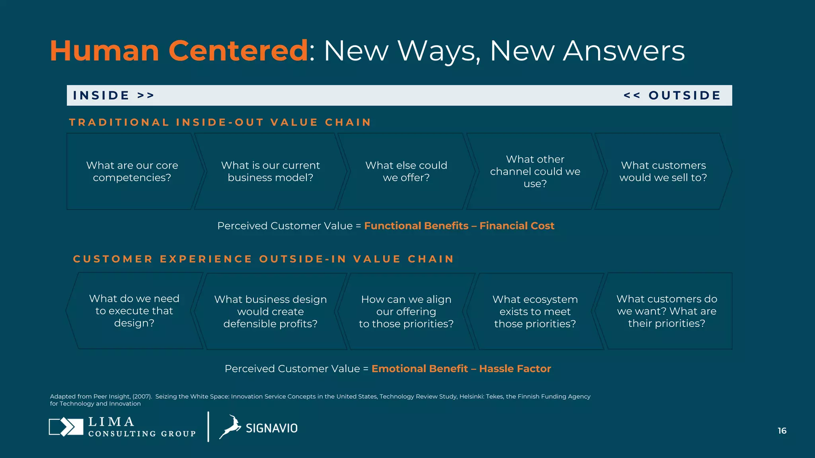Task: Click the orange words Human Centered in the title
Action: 179,51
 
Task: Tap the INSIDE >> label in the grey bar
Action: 113,95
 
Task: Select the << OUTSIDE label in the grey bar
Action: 672,95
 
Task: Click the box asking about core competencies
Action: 132,171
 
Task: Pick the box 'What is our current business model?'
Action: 270,171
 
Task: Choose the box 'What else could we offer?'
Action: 406,171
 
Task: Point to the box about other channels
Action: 535,171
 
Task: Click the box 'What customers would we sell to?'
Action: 663,171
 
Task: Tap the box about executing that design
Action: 134,311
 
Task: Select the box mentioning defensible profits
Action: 270,311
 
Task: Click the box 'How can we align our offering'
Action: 406,311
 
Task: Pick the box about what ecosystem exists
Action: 535,311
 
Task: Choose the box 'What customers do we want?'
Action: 667,311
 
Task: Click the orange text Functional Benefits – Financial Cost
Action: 459,226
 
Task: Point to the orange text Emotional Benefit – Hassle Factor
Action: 461,369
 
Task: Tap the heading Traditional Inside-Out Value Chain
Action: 220,122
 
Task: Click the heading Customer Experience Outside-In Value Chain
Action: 263,259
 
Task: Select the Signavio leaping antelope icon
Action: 230,427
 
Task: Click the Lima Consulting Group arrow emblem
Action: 66,427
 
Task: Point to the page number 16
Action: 782,431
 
